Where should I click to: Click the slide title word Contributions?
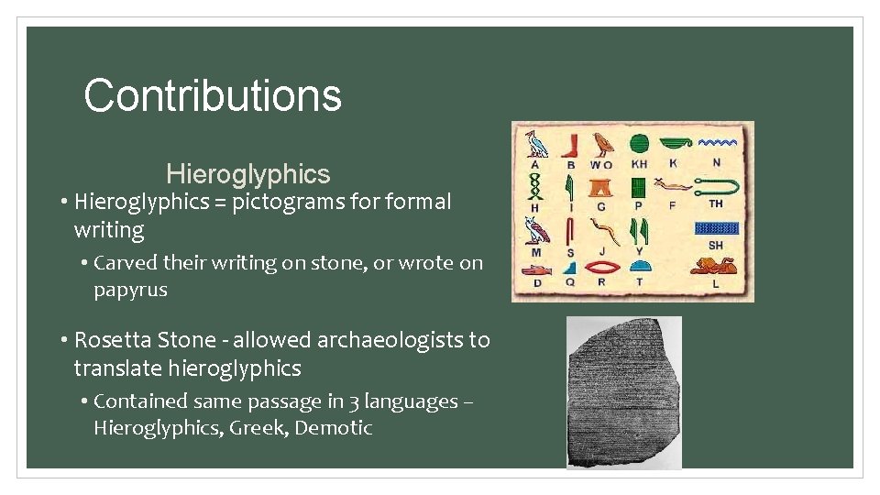click(x=213, y=95)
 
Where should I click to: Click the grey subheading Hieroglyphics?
click(x=247, y=174)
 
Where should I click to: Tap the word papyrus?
click(x=130, y=290)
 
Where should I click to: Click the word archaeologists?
click(x=390, y=340)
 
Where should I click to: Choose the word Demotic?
click(x=334, y=428)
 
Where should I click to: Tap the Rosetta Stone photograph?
click(x=623, y=392)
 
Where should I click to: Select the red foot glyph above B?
click(x=570, y=145)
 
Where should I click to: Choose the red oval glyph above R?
click(x=601, y=268)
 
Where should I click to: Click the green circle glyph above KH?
click(x=639, y=144)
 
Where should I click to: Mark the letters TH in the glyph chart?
click(x=716, y=203)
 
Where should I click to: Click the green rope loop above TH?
click(x=716, y=188)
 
